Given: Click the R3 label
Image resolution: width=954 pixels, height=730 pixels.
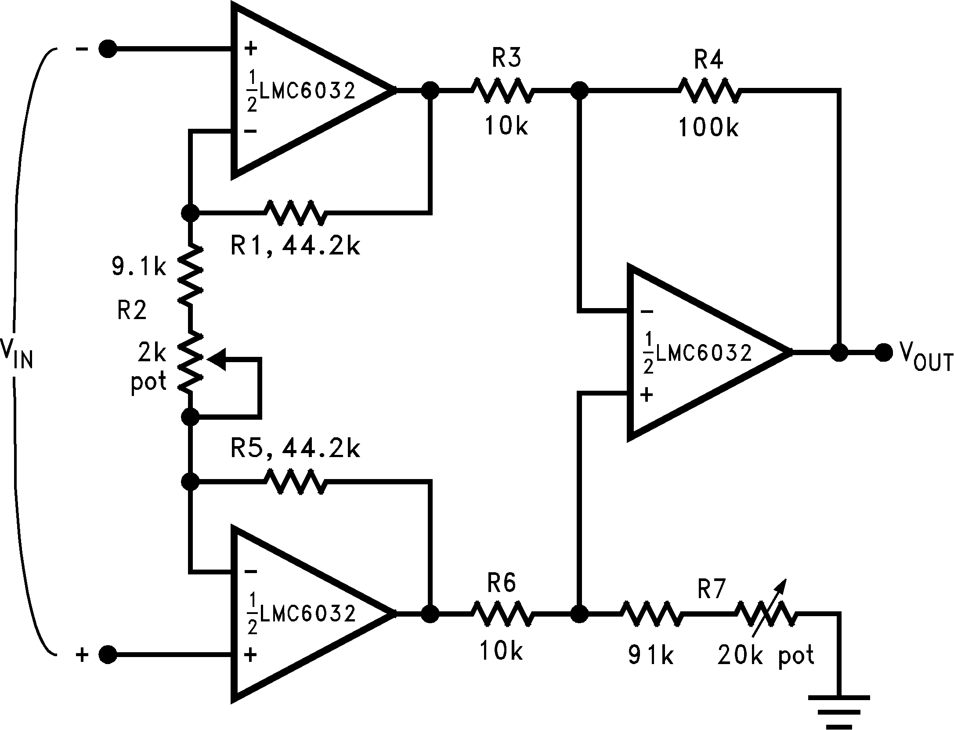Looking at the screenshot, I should pyautogui.click(x=506, y=59).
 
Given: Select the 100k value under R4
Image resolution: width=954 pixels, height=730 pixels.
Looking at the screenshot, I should pyautogui.click(x=708, y=128).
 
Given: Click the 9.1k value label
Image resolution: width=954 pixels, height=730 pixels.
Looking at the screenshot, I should pyautogui.click(x=139, y=267).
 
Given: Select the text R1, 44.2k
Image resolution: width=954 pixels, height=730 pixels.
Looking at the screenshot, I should pyautogui.click(x=295, y=247).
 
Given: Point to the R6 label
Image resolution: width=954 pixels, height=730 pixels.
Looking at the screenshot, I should pyautogui.click(x=502, y=584).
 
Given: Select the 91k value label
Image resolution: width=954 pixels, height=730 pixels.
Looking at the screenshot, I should pyautogui.click(x=650, y=656).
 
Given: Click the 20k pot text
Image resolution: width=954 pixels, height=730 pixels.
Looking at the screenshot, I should pyautogui.click(x=766, y=656).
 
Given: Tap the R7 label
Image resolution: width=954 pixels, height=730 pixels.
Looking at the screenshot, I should pyautogui.click(x=712, y=589).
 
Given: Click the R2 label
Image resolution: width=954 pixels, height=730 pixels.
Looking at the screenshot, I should pyautogui.click(x=132, y=311).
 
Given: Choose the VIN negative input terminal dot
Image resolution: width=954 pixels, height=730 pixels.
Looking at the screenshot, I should pyautogui.click(x=108, y=49).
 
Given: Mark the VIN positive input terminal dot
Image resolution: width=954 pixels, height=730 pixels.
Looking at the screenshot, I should pyautogui.click(x=108, y=655).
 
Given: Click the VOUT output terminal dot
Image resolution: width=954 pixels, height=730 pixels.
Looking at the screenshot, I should pyautogui.click(x=883, y=352).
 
